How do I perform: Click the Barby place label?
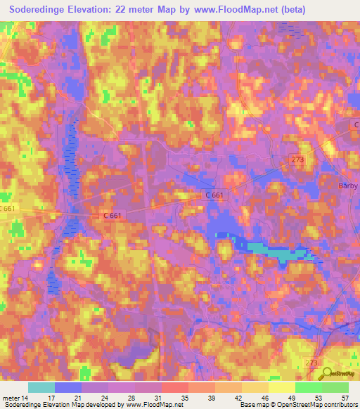[x=345, y=186]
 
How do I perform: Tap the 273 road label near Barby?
[x=298, y=160]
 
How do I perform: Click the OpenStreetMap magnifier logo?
[x=326, y=372]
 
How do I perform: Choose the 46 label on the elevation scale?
[x=264, y=397]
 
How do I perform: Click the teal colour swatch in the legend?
[x=41, y=387]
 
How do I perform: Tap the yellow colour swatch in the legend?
[x=281, y=387]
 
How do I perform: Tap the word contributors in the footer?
[x=337, y=405]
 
